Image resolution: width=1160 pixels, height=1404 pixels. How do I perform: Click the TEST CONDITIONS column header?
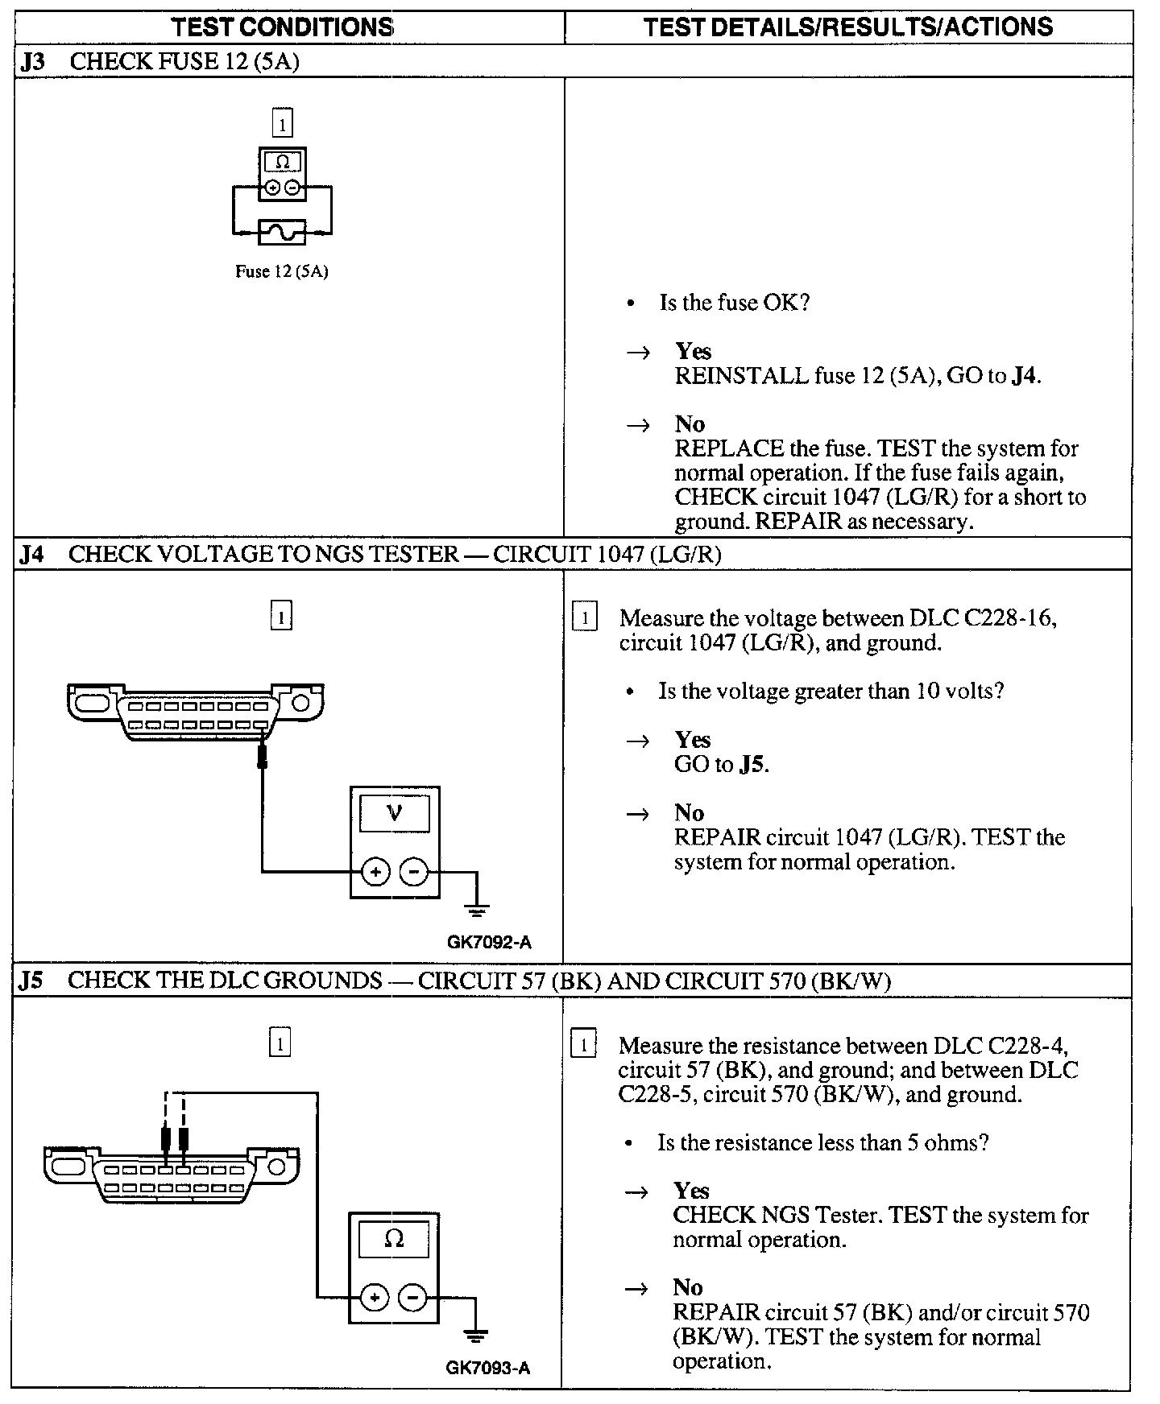click(x=282, y=27)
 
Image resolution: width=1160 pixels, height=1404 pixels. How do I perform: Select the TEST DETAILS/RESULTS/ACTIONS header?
click(x=847, y=27)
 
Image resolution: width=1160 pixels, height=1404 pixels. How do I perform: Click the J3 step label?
click(x=31, y=62)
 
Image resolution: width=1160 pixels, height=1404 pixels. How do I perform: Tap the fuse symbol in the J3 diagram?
click(x=282, y=233)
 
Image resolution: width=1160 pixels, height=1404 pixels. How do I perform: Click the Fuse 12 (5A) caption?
click(x=281, y=271)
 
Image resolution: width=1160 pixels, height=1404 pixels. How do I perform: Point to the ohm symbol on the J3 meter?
click(x=282, y=162)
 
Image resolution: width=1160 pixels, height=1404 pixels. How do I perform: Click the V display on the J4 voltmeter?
click(x=395, y=812)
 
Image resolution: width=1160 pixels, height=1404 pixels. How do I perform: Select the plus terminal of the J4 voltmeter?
click(x=375, y=872)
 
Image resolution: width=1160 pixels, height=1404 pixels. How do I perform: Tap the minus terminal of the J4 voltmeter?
click(x=414, y=872)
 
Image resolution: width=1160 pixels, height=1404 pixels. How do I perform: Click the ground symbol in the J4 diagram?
click(x=477, y=911)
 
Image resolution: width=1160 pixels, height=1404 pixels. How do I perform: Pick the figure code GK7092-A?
click(x=489, y=942)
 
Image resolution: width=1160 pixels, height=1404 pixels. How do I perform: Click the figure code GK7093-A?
click(x=488, y=1368)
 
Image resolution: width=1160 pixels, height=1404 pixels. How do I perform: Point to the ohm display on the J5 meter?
click(x=394, y=1239)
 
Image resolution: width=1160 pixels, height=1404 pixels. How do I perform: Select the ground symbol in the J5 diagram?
click(x=476, y=1336)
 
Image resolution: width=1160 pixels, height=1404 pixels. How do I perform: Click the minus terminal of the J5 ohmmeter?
click(x=413, y=1298)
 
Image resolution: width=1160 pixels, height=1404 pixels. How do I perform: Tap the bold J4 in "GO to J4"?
click(x=1023, y=376)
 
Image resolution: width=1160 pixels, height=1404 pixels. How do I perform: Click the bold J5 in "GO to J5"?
click(x=751, y=764)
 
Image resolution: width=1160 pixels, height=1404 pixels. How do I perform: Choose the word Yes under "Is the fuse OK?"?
click(x=693, y=351)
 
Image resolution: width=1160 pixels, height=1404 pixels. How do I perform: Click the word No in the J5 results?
click(x=688, y=1287)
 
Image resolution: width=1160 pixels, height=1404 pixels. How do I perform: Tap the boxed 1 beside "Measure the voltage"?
click(x=584, y=618)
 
